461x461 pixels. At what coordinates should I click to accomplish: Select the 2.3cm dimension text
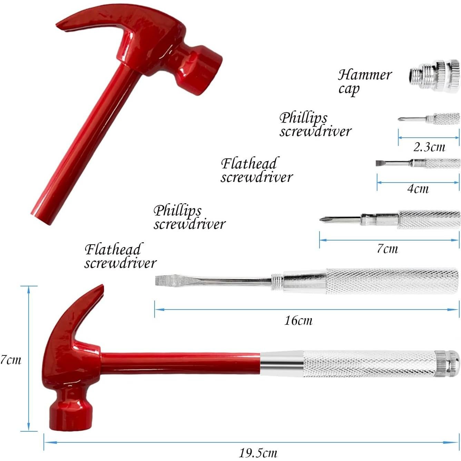(429, 147)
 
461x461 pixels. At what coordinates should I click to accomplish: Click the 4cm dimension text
(418, 189)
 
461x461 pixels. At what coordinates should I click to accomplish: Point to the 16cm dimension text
(298, 321)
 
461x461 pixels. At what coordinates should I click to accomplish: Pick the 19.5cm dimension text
(258, 452)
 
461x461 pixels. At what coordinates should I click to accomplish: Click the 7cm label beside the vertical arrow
(10, 360)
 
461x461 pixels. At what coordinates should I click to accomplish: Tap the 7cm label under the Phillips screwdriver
(387, 248)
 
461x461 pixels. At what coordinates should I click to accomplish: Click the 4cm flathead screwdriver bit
(418, 163)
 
